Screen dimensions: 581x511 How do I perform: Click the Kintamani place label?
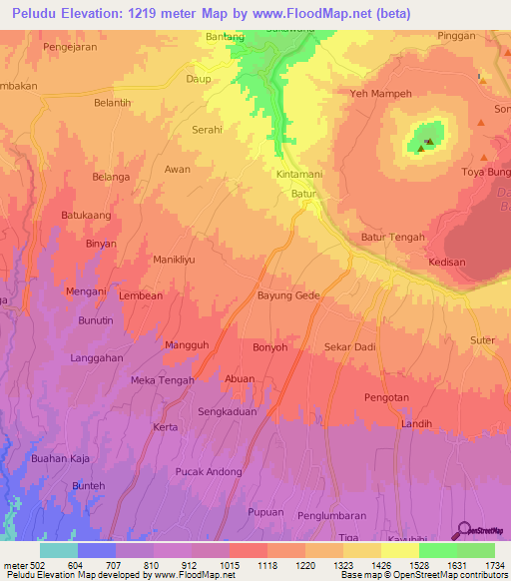(x=298, y=174)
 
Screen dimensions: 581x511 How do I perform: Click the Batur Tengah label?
(x=392, y=237)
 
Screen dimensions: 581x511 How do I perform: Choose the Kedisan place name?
(x=446, y=262)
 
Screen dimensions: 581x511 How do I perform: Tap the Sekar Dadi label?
(x=350, y=346)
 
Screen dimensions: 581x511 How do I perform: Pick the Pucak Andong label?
(x=209, y=471)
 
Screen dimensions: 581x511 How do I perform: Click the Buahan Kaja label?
(x=61, y=458)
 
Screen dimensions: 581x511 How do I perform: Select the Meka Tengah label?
(x=162, y=380)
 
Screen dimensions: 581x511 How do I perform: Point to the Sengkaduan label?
(x=228, y=410)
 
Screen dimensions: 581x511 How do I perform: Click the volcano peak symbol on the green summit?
(x=428, y=142)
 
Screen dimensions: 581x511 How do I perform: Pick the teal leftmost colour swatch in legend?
(x=58, y=550)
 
